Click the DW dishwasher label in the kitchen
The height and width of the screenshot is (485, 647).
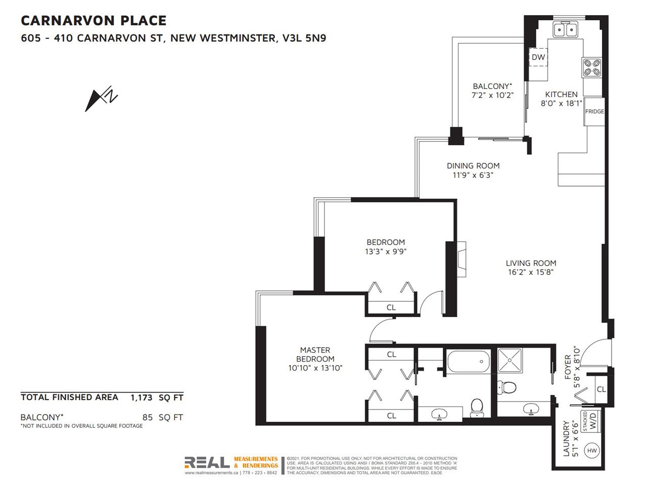538,57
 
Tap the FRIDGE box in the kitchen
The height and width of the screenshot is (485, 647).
594,112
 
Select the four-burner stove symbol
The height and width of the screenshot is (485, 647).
592,68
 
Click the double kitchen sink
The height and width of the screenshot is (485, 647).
565,29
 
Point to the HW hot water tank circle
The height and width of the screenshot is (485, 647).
592,451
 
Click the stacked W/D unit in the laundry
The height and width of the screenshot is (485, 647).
590,421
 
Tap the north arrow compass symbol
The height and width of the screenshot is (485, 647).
101,99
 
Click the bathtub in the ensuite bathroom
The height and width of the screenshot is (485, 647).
469,362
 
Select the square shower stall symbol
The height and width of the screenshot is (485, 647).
510,360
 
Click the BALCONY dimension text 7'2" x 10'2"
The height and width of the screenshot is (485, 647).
492,95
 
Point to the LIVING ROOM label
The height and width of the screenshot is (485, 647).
531,263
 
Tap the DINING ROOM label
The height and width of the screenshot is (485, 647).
473,166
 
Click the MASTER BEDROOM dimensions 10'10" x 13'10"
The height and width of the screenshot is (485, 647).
315,368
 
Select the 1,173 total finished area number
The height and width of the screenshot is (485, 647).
142,398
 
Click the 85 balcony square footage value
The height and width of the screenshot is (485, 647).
148,417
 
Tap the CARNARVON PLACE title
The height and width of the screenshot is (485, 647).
94,21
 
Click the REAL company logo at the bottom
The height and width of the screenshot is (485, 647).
207,462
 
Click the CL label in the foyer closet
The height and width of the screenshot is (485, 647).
602,389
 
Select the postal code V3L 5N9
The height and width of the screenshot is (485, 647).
304,38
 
